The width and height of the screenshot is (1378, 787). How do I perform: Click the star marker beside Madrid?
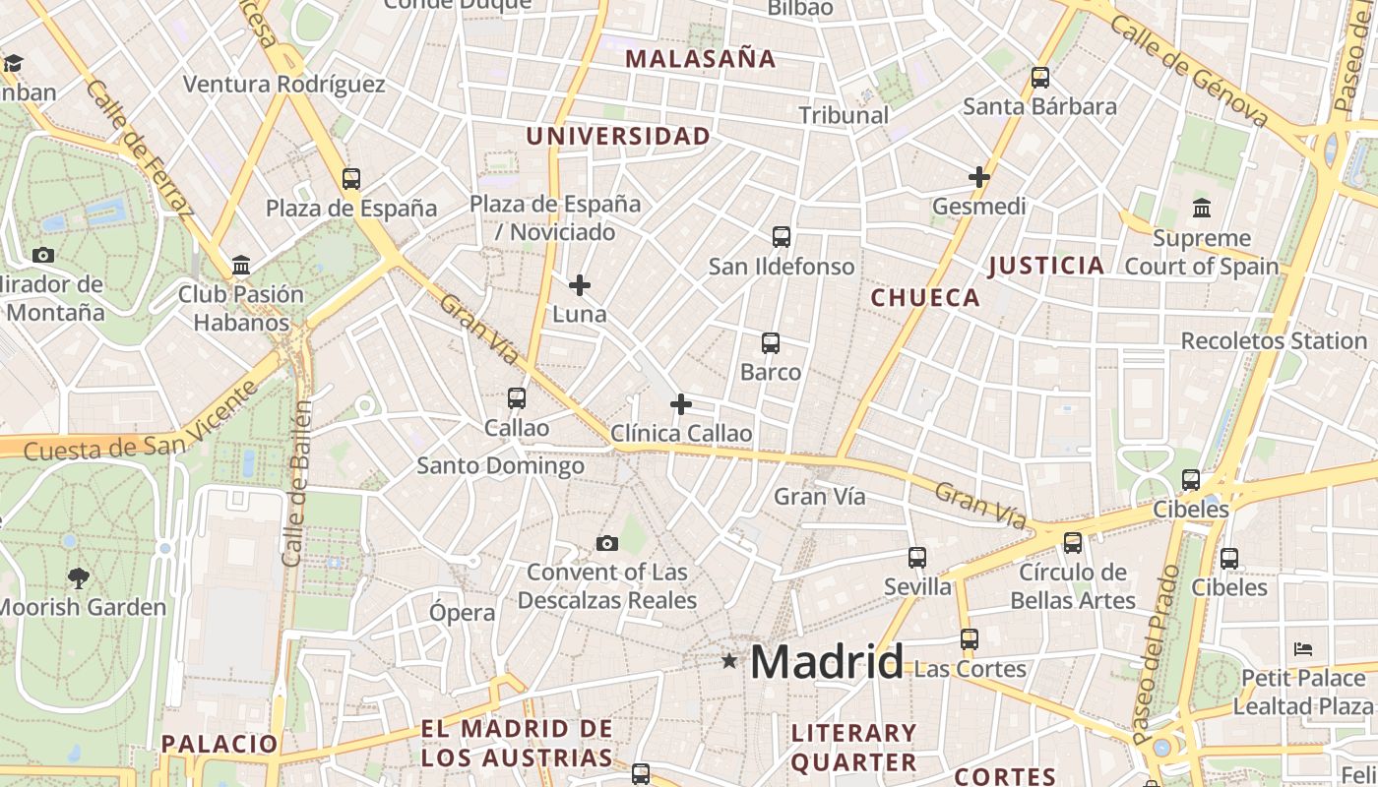(x=729, y=661)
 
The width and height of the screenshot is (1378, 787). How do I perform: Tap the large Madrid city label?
(x=827, y=662)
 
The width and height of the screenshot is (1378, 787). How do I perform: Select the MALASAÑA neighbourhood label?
(x=701, y=59)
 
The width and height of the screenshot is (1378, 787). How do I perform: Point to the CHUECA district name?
(x=926, y=298)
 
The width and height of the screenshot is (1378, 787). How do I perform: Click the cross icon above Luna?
(x=580, y=285)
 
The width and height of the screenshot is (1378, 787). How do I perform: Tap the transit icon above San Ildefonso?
(x=782, y=237)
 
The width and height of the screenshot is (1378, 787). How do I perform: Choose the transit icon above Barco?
(x=771, y=343)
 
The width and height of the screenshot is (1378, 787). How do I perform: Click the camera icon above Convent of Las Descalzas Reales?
(x=607, y=543)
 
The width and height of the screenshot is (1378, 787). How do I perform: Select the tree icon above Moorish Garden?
(x=78, y=577)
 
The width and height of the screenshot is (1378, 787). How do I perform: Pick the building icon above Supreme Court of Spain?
(x=1202, y=209)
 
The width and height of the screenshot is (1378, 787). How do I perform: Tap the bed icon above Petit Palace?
(x=1303, y=649)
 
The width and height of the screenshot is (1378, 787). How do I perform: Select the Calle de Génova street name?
(x=1188, y=70)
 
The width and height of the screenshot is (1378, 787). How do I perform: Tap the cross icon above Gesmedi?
(x=978, y=177)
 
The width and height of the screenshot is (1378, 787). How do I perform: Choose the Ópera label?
(x=463, y=613)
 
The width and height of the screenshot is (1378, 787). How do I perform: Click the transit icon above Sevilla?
(x=917, y=558)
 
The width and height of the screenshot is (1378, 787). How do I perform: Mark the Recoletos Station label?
(x=1274, y=341)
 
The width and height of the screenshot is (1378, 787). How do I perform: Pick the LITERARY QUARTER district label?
(x=854, y=748)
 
